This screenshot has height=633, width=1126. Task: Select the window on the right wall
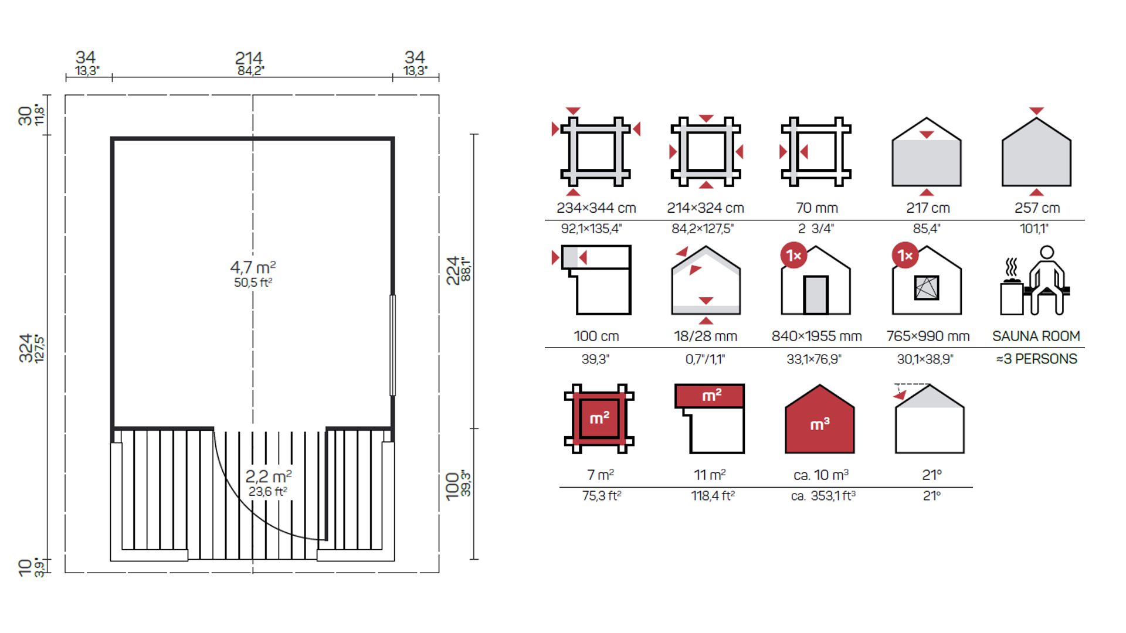point(392,345)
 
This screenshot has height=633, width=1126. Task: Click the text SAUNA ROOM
point(1036,336)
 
